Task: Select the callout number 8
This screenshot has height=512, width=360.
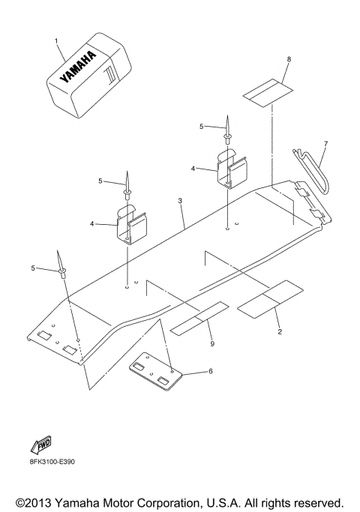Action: (x=288, y=58)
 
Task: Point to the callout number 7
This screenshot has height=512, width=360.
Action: (x=325, y=143)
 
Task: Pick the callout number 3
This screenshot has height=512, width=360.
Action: (x=180, y=202)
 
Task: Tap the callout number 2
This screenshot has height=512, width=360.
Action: (x=279, y=331)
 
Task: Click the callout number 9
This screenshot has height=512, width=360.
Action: (x=211, y=343)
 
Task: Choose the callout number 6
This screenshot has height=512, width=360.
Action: (x=211, y=371)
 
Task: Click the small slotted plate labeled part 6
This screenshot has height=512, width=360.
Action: (x=156, y=373)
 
